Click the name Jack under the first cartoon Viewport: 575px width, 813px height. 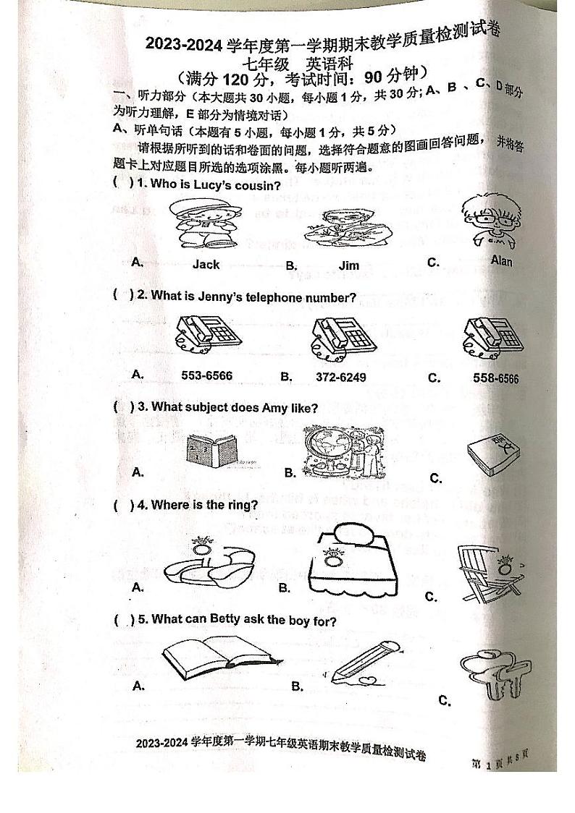pos(206,265)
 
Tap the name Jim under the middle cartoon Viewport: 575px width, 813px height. pos(349,265)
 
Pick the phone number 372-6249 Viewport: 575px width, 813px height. pos(341,377)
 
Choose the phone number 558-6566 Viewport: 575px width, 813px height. pos(496,378)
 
